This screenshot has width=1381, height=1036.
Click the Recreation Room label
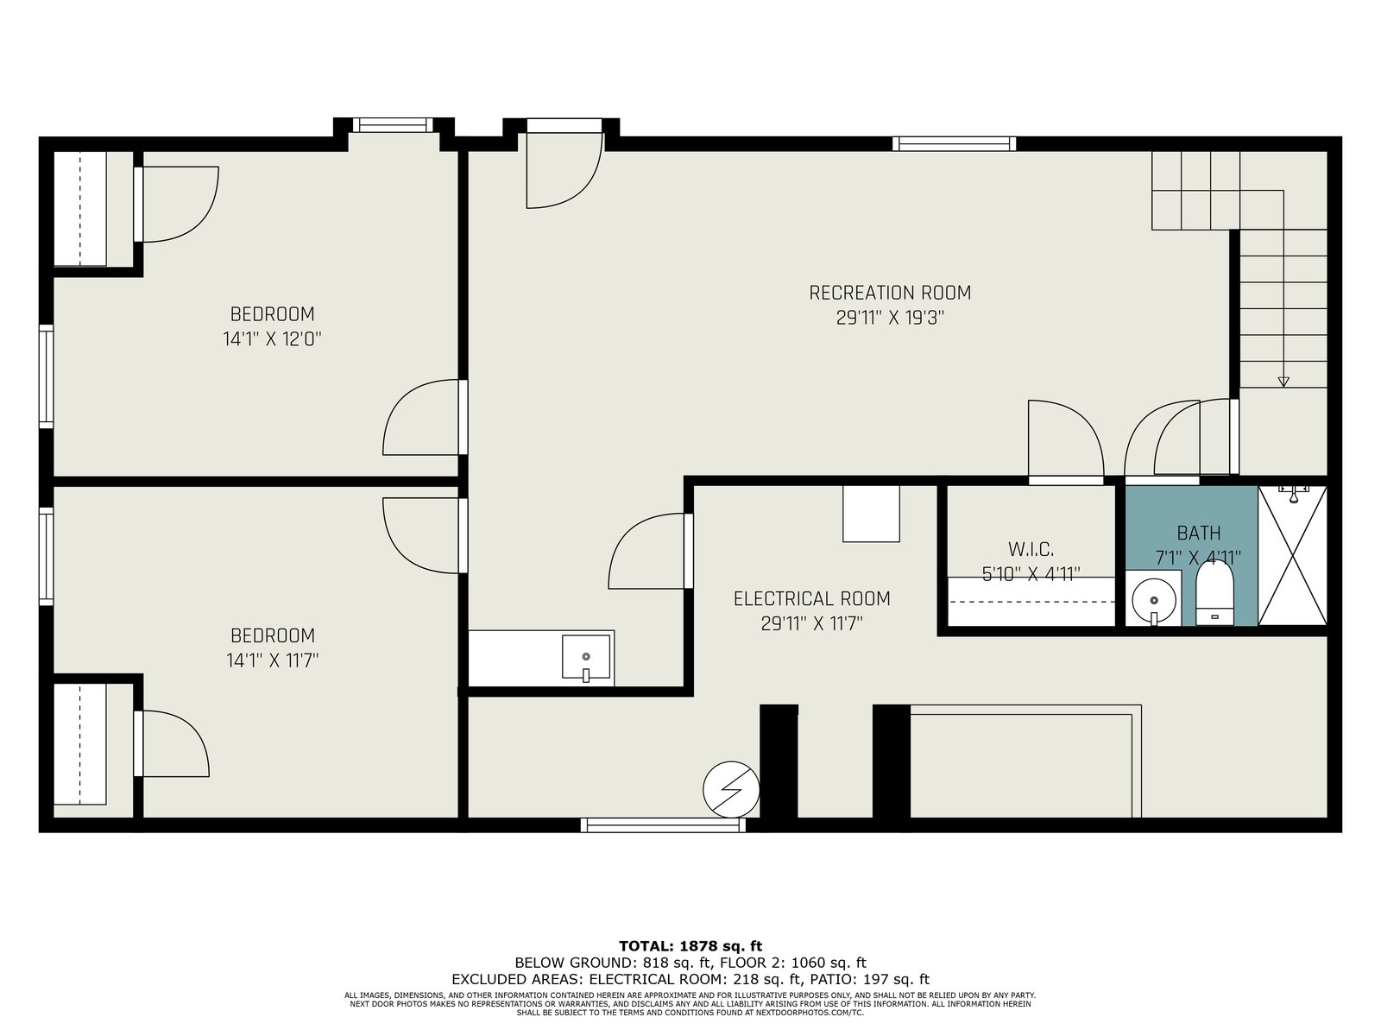click(890, 293)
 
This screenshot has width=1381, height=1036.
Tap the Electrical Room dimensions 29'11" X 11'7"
click(811, 624)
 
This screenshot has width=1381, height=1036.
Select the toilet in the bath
click(1214, 593)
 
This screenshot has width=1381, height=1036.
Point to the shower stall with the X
click(1292, 556)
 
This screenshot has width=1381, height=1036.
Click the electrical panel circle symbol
click(731, 789)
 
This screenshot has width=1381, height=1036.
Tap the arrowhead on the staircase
click(1283, 382)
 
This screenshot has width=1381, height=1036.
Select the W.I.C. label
click(1031, 549)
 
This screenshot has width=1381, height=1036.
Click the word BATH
click(1199, 534)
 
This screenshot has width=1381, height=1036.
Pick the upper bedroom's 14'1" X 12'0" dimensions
click(273, 339)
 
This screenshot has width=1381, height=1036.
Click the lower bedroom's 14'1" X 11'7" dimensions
click(273, 660)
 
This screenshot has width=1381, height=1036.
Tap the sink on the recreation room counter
click(586, 658)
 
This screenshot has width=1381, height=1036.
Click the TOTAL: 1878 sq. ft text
click(690, 945)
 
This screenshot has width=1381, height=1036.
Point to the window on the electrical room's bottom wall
click(663, 824)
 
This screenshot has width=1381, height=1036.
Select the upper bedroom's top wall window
click(394, 124)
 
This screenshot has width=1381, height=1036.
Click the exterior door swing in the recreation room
click(565, 170)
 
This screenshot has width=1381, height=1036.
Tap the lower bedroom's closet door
click(171, 743)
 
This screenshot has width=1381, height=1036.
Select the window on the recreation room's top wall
click(954, 143)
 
